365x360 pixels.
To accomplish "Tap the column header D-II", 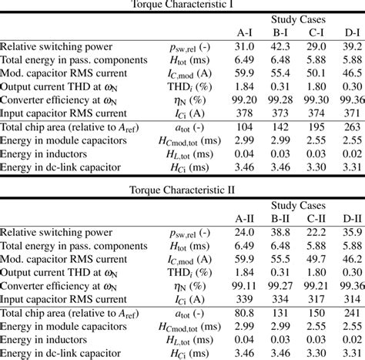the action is tap(352, 217).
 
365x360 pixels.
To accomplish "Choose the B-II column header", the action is tap(281, 217).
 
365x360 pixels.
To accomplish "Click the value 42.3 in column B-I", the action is tap(281, 47).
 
